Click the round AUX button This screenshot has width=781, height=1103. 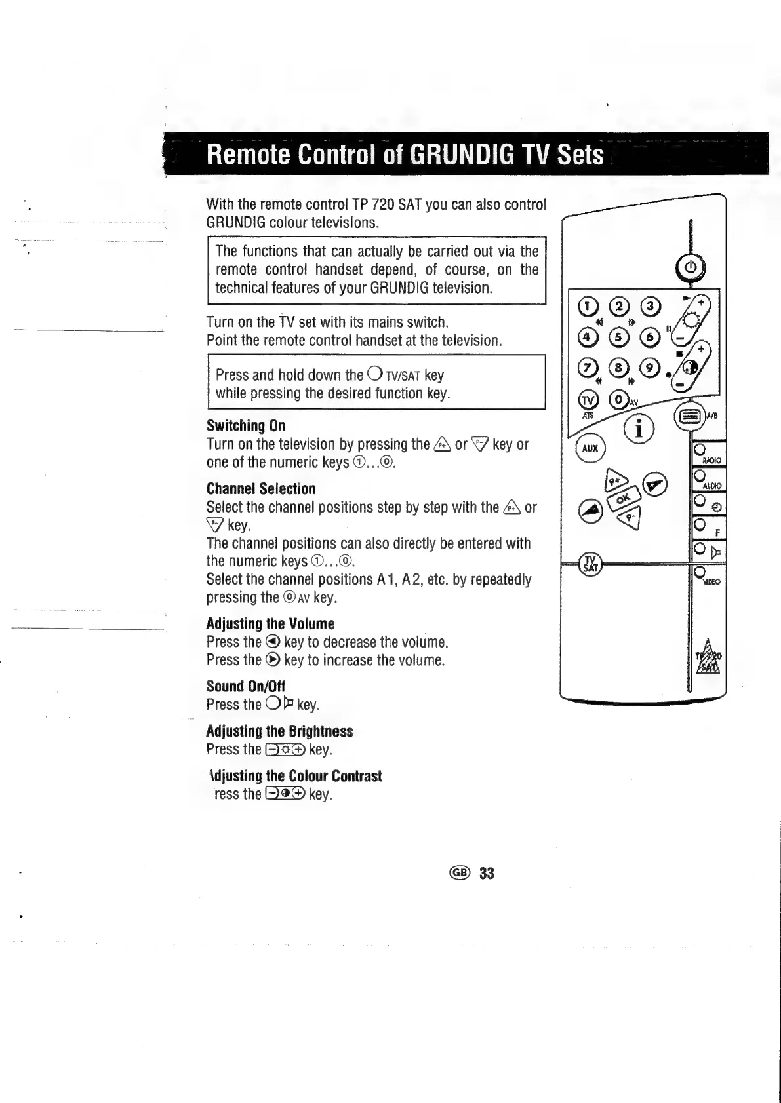(x=590, y=449)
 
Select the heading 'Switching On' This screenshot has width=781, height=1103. (x=246, y=425)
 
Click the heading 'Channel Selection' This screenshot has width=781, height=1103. (x=261, y=488)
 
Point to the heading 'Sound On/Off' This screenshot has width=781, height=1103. (x=246, y=686)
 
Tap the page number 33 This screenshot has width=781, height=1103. (x=487, y=873)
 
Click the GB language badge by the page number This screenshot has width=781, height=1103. (x=459, y=873)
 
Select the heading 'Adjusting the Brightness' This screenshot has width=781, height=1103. (x=279, y=731)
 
